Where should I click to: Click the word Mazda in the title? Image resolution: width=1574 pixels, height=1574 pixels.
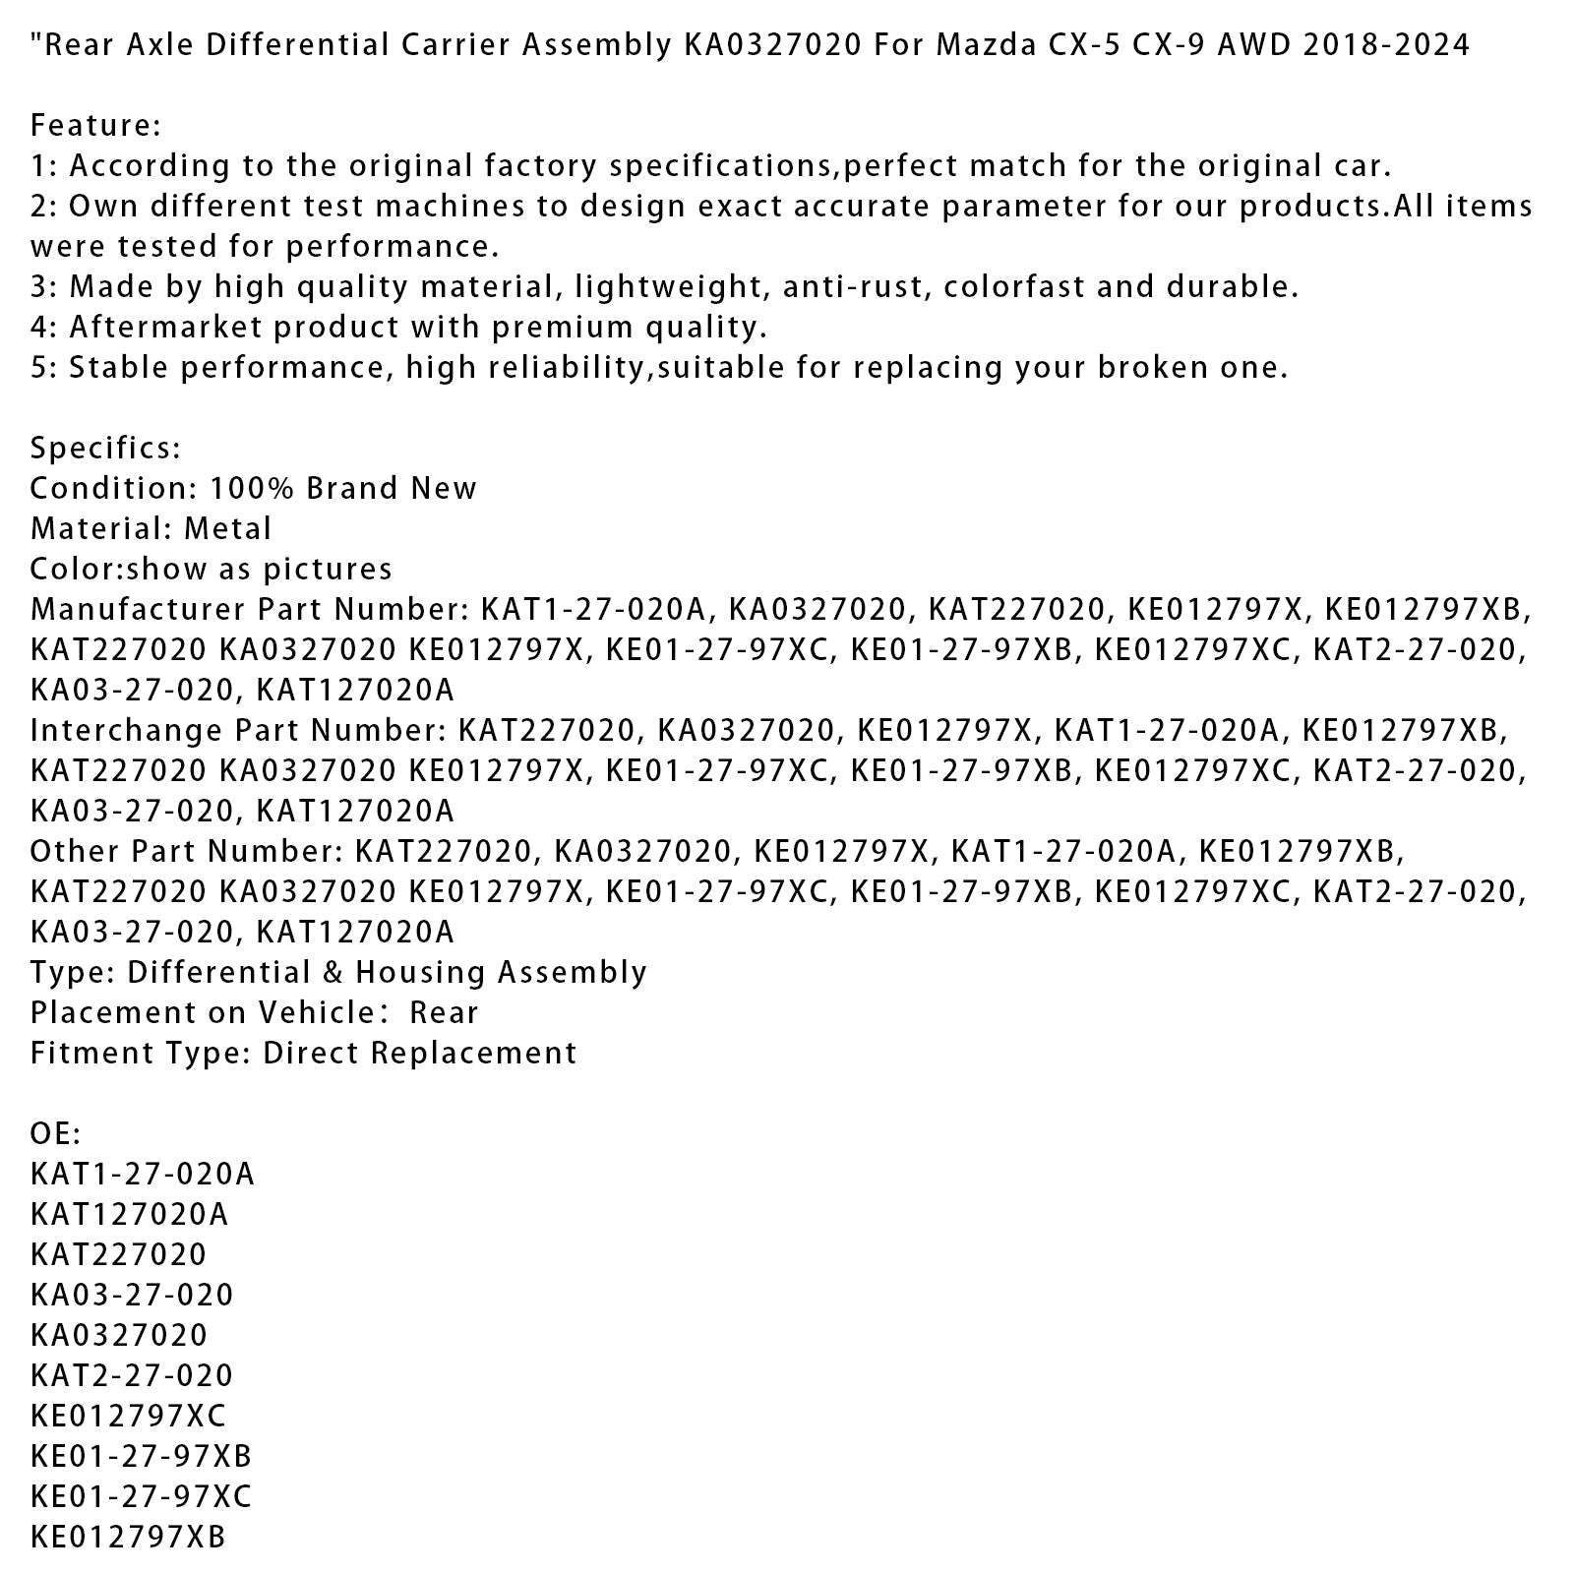pyautogui.click(x=984, y=45)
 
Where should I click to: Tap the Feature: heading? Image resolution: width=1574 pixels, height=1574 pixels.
pyautogui.click(x=95, y=126)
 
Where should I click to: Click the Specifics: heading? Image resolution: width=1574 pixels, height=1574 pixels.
pyautogui.click(x=105, y=449)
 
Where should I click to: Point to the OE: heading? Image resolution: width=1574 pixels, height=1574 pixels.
pyautogui.click(x=55, y=1134)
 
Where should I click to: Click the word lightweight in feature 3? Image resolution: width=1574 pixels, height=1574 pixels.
pyautogui.click(x=667, y=287)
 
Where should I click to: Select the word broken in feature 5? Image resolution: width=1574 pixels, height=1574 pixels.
pyautogui.click(x=1156, y=368)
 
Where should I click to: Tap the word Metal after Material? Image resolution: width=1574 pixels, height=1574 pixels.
pyautogui.click(x=227, y=529)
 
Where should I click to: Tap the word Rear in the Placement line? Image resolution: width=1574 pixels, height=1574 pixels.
pyautogui.click(x=444, y=1013)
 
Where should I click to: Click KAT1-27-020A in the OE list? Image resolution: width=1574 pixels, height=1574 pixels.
pyautogui.click(x=143, y=1175)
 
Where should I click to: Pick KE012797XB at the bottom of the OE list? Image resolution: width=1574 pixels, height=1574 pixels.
pyautogui.click(x=128, y=1538)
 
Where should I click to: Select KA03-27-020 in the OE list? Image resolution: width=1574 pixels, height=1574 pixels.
pyautogui.click(x=132, y=1296)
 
